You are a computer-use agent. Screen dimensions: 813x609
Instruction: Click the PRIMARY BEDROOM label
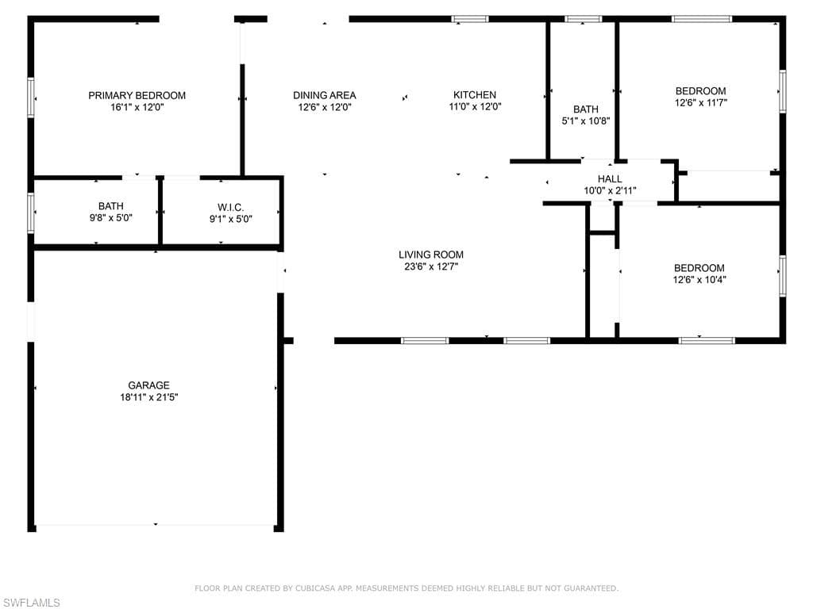click(137, 95)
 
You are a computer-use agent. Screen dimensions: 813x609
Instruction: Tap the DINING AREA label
click(325, 95)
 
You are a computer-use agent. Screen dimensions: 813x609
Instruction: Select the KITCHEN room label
click(475, 95)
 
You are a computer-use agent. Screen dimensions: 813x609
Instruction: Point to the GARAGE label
click(148, 385)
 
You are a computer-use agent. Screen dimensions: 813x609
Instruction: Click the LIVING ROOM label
click(431, 255)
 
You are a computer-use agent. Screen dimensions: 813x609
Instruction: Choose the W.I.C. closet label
click(231, 208)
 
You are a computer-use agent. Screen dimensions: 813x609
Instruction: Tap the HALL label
click(610, 179)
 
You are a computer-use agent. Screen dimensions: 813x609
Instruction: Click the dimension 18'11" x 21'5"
click(149, 398)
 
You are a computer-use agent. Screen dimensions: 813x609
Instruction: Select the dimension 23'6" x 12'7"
click(431, 267)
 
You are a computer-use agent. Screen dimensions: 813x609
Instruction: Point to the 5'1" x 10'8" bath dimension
click(586, 121)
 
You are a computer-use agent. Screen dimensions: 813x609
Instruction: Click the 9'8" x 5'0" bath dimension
click(111, 219)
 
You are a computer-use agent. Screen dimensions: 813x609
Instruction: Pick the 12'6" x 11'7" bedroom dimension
click(701, 103)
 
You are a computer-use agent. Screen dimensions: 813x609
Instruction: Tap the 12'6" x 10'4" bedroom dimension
click(699, 280)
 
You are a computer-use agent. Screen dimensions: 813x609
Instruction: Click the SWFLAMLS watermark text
click(31, 603)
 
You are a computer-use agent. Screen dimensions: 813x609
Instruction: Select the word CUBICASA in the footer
click(315, 588)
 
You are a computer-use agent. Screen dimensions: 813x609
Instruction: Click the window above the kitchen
click(470, 19)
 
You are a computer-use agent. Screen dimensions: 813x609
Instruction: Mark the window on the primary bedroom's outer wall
click(31, 98)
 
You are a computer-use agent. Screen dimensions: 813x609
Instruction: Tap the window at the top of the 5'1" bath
click(584, 19)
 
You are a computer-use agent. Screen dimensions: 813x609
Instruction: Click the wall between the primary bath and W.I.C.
click(160, 212)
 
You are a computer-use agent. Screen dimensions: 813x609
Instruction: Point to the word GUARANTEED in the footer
click(590, 588)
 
